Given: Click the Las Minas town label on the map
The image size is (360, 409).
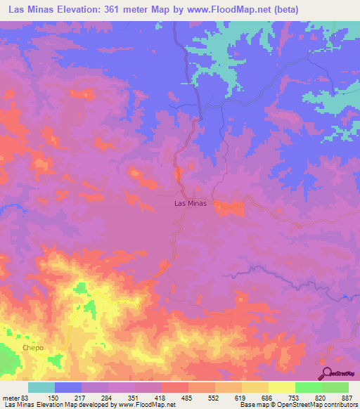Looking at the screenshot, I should coord(190,204).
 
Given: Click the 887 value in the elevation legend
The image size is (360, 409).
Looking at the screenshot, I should coord(346,397).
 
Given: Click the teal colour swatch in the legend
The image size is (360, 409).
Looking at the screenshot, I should coord(41,387).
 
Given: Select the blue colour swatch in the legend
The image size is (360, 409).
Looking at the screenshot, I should coord(67,387).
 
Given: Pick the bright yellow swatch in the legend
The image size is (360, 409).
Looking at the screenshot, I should coord(281,387).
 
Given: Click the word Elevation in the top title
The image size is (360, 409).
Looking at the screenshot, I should coord(67,10).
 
